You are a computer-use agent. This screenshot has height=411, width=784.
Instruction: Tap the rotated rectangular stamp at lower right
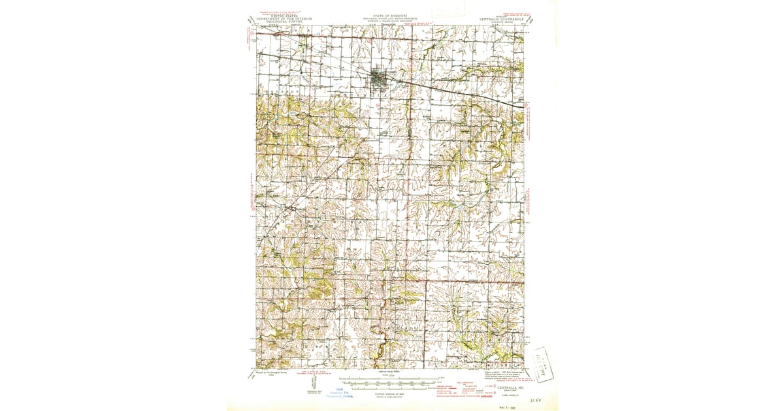tap(540, 363)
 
